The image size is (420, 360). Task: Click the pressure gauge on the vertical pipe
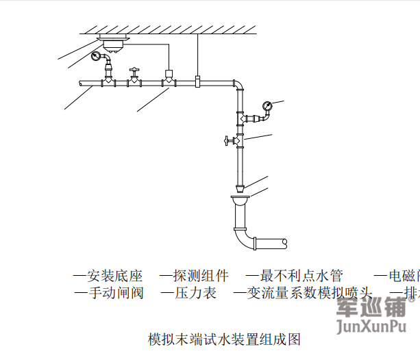tap(267, 105)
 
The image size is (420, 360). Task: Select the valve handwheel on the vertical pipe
tap(226, 142)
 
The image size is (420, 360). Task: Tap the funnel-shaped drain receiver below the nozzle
tap(238, 201)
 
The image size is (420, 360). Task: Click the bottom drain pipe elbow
tap(241, 240)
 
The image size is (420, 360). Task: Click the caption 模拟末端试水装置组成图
tap(224, 338)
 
